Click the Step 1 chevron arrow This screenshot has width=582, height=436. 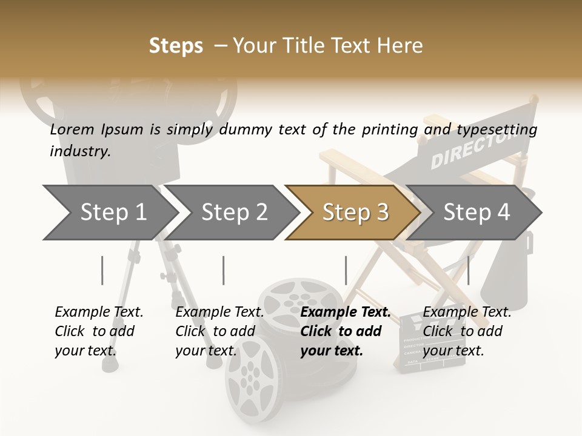[x=112, y=213]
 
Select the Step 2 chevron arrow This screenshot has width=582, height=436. [x=233, y=213]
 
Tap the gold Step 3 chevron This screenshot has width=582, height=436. [x=355, y=213]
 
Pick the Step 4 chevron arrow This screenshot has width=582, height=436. [x=476, y=213]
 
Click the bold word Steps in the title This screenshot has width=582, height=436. [x=176, y=46]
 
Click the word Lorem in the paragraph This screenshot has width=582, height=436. [x=72, y=129]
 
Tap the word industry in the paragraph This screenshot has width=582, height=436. [x=79, y=151]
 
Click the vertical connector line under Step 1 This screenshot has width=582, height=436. [x=102, y=270]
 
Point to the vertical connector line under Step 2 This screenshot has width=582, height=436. [x=224, y=270]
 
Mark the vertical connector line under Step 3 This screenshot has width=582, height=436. [x=346, y=270]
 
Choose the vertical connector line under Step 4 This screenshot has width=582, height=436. [x=468, y=270]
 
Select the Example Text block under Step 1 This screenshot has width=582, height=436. [x=98, y=331]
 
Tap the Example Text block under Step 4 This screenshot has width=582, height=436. [x=466, y=331]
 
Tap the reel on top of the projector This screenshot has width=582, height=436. [x=45, y=100]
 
